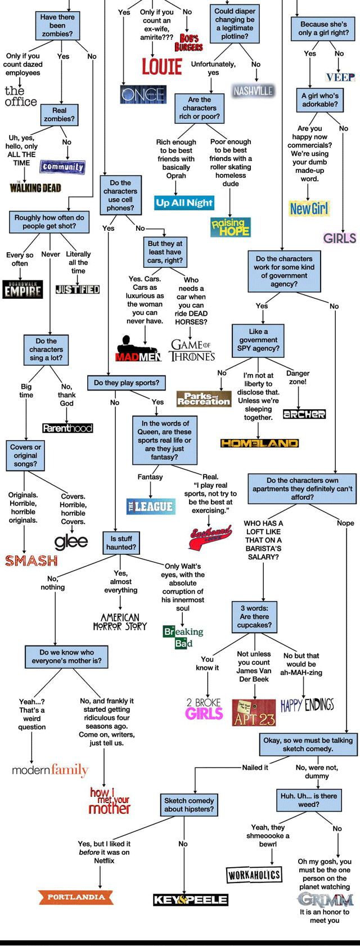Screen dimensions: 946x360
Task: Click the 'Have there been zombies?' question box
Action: point(57,26)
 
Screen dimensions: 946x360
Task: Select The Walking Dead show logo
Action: point(35,187)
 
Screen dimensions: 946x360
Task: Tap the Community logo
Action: point(62,167)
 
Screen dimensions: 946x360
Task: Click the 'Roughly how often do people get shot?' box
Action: point(49,222)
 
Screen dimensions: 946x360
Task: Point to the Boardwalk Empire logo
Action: point(22,289)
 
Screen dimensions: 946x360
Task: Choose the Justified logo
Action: point(78,289)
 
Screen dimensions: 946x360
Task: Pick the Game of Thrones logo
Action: point(192,350)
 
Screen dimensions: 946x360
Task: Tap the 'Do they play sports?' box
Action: point(127,383)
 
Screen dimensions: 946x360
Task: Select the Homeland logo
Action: point(259,443)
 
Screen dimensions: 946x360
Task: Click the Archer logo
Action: point(304,414)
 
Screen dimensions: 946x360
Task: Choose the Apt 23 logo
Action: point(254,712)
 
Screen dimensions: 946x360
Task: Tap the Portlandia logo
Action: point(76,897)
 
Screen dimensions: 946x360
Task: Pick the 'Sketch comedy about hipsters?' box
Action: point(189,805)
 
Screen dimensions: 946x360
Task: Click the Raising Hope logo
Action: point(231,227)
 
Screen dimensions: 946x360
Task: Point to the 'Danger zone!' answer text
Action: point(298,378)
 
